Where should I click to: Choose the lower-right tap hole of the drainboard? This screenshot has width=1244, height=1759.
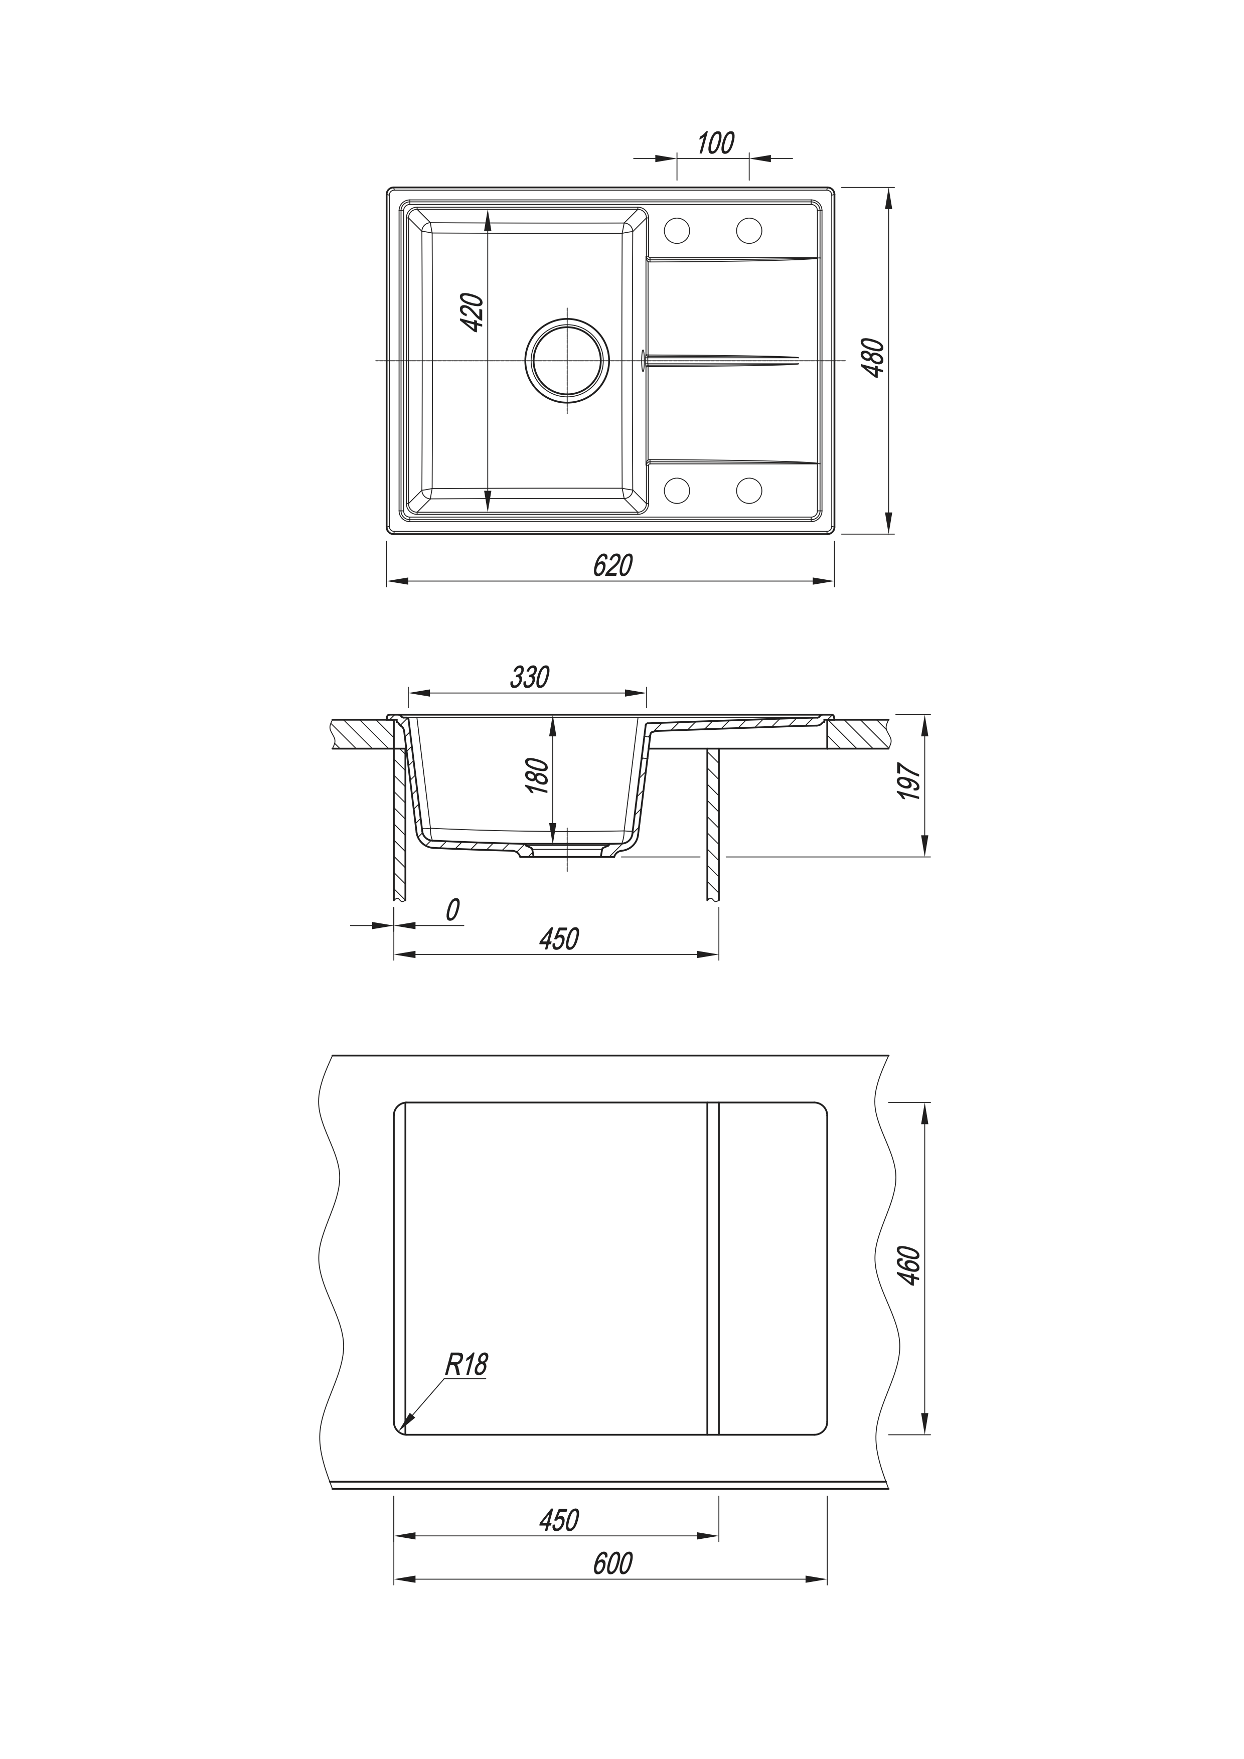(749, 491)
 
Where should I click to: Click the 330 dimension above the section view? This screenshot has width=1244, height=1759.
(529, 677)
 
